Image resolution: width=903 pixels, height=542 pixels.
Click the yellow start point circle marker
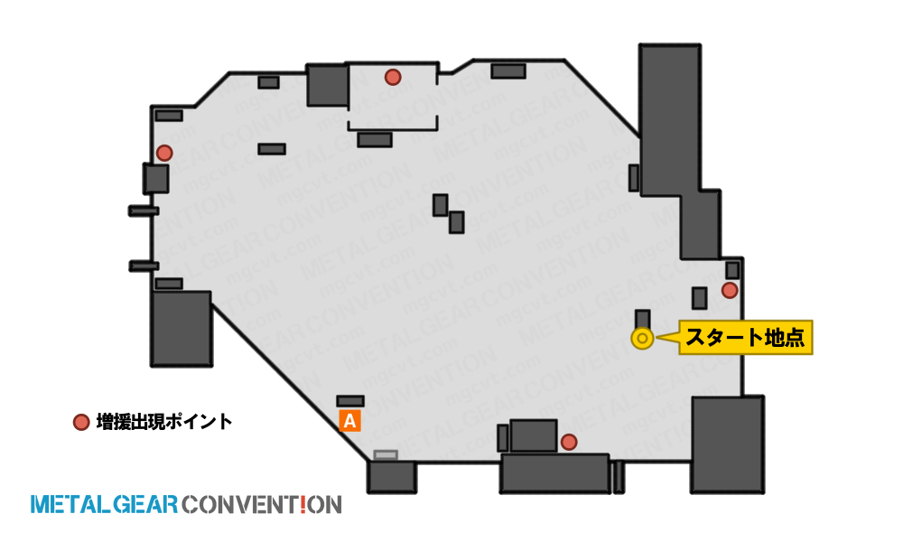click(x=642, y=339)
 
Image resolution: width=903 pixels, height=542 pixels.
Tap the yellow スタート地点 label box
click(x=746, y=338)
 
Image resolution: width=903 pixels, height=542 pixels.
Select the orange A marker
click(x=350, y=421)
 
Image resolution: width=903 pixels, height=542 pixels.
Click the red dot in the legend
click(x=81, y=422)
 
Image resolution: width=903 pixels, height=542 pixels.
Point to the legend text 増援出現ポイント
click(x=164, y=422)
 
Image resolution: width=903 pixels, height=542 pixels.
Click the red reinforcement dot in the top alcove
click(x=393, y=77)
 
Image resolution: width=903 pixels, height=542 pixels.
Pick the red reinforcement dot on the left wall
click(x=164, y=154)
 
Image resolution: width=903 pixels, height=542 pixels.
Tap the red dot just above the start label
click(x=730, y=290)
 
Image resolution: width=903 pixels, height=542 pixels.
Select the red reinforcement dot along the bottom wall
click(x=569, y=442)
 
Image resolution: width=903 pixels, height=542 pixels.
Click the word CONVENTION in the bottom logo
click(x=262, y=505)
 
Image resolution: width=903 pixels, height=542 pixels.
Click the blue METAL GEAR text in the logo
click(x=104, y=505)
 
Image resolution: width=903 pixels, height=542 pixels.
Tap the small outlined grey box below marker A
click(x=386, y=455)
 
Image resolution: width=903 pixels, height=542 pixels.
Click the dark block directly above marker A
click(x=350, y=401)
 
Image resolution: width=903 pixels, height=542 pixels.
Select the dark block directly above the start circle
click(x=643, y=319)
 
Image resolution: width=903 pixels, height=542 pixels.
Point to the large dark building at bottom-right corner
click(x=727, y=444)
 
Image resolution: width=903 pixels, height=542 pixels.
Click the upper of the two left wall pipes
click(x=144, y=210)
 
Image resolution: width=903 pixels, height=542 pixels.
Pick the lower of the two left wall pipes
click(x=144, y=266)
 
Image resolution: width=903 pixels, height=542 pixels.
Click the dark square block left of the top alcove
click(x=327, y=85)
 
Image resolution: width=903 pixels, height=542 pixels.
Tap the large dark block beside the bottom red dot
click(x=534, y=435)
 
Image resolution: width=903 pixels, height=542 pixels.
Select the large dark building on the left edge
click(x=182, y=328)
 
